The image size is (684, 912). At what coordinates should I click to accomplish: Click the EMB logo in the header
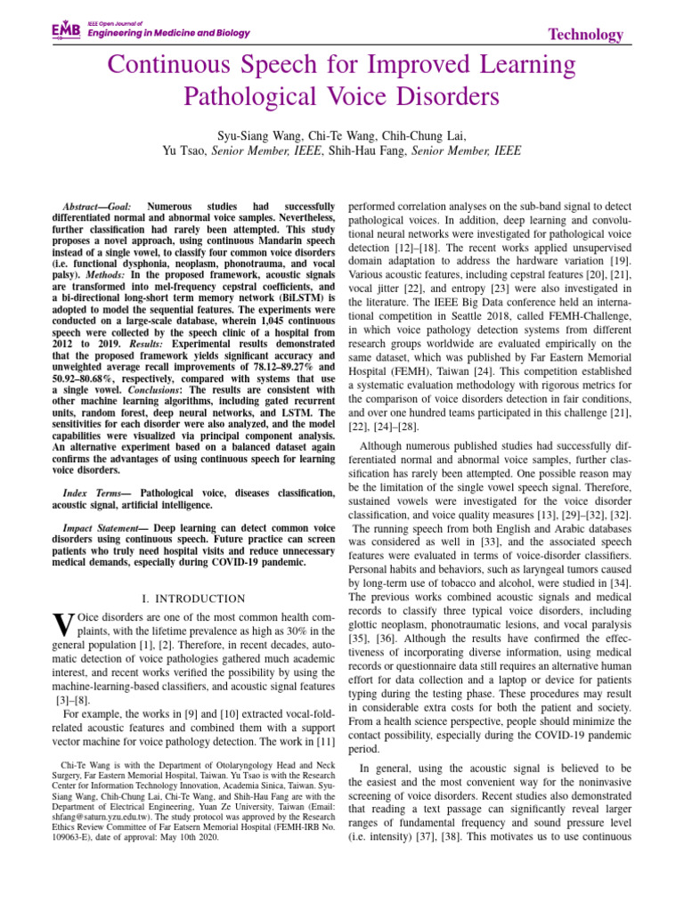pyautogui.click(x=66, y=30)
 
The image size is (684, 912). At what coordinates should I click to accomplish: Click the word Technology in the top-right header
pyautogui.click(x=585, y=34)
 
